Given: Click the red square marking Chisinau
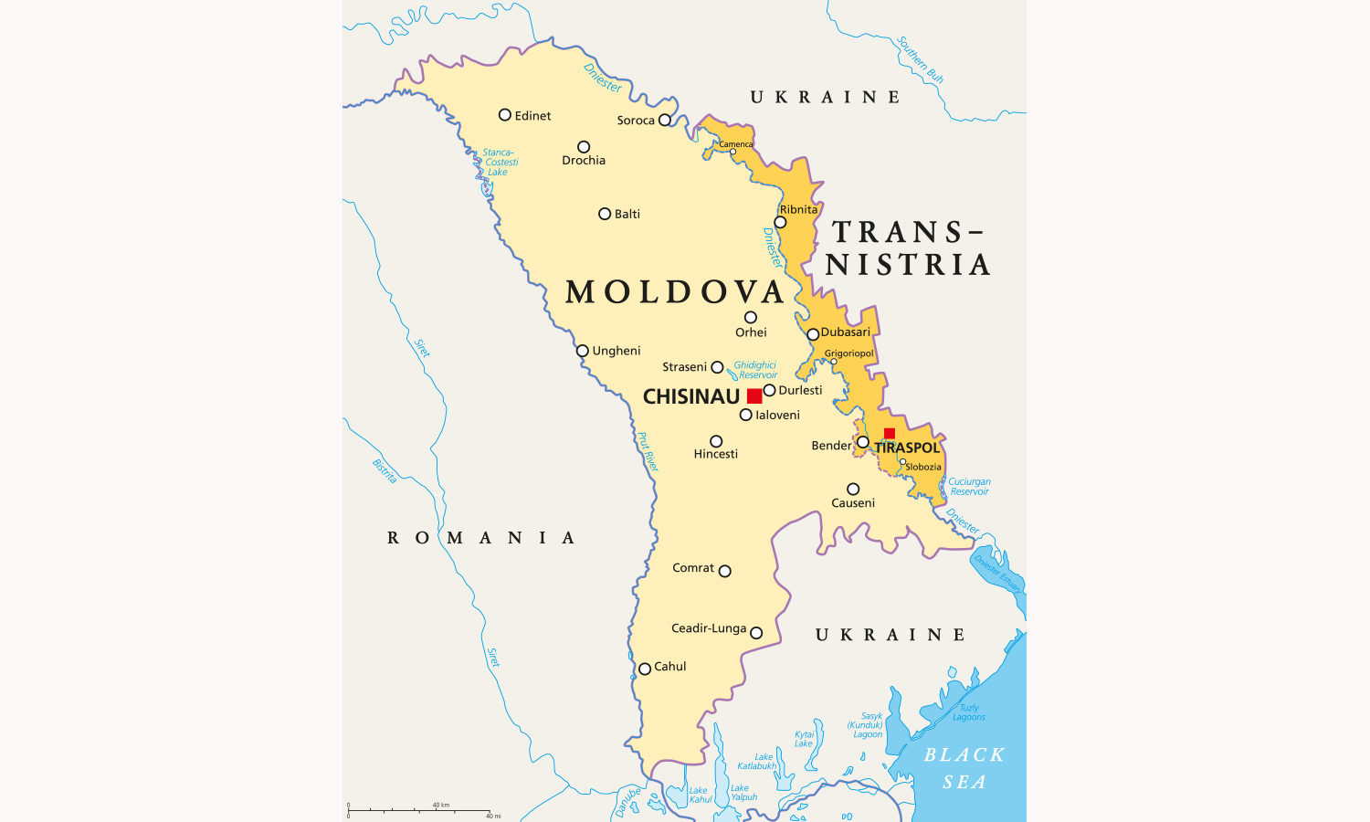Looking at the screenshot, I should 754,395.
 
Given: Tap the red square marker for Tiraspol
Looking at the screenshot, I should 890,434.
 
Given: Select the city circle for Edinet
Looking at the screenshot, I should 505,115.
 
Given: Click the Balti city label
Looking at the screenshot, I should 627,214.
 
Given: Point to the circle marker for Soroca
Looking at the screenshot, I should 665,121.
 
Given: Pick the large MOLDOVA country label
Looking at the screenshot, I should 675,292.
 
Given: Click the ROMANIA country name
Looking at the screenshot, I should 481,538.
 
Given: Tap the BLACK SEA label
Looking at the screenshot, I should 964,768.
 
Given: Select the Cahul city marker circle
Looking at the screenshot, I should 645,669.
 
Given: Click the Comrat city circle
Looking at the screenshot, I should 725,572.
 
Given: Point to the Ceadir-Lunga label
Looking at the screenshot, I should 709,628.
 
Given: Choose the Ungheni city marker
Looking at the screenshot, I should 583,351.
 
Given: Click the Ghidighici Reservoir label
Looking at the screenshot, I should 756,370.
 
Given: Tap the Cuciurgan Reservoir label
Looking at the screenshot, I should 969,487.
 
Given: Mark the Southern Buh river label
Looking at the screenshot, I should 920,60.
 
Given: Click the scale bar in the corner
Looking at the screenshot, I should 420,810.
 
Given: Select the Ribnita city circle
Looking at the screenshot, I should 780,223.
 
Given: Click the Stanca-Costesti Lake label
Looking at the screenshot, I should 500,163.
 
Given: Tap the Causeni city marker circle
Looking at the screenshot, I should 853,490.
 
